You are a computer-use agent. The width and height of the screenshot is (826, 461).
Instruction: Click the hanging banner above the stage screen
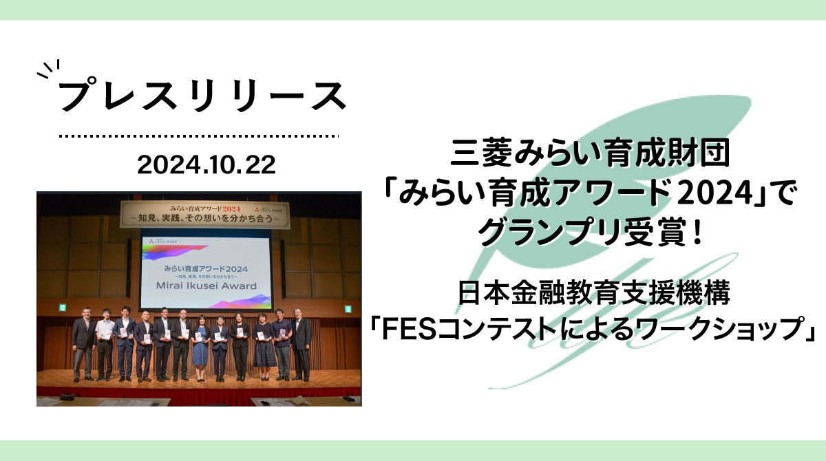(x=205, y=213)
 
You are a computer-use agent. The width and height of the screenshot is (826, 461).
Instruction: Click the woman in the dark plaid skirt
(x=264, y=347)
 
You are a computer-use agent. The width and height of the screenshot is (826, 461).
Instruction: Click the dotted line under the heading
(x=199, y=136)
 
